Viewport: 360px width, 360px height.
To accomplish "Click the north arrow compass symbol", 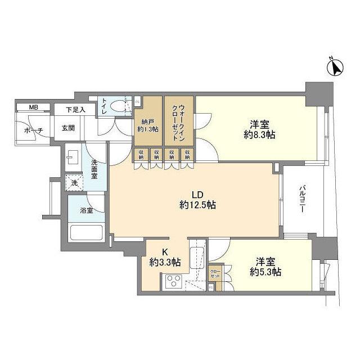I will [x=335, y=68].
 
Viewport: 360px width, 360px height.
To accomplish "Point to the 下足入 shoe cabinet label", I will [x=75, y=110].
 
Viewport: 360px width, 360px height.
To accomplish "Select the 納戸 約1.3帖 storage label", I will [x=147, y=125].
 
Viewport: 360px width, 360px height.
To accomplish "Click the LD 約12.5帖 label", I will [x=195, y=199].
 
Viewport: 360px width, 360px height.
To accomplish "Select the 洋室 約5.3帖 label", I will [x=265, y=266].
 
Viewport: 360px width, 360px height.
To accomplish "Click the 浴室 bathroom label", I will [x=85, y=210].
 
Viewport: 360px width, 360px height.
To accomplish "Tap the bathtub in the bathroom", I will [x=85, y=232].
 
